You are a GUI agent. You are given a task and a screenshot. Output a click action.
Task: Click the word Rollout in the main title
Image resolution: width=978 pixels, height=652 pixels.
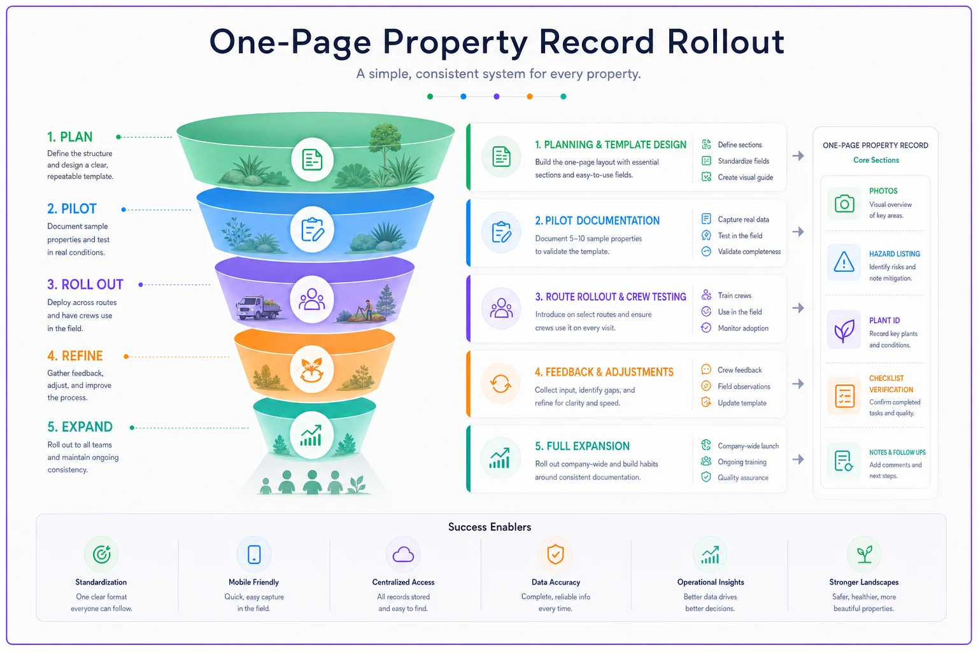(726, 42)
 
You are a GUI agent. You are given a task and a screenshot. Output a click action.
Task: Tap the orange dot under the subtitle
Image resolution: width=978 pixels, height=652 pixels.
(530, 97)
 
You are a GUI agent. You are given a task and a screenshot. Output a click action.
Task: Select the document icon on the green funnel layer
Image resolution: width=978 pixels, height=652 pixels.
(312, 159)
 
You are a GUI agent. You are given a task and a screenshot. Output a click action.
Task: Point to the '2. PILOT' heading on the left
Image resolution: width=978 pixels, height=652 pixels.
(72, 209)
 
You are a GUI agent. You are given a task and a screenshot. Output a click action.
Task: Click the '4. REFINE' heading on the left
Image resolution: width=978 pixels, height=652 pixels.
(75, 356)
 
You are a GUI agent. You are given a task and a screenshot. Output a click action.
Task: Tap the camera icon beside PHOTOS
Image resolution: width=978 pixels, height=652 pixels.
(844, 204)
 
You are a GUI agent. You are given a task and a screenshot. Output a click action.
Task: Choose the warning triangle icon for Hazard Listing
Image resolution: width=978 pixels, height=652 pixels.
(844, 262)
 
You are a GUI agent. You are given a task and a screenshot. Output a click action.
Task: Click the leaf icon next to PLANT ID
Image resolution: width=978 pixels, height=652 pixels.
(844, 330)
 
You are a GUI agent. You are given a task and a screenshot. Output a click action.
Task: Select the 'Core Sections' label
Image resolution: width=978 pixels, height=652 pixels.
(876, 160)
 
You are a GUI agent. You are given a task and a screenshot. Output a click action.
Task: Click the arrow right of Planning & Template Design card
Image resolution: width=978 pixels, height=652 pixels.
(798, 156)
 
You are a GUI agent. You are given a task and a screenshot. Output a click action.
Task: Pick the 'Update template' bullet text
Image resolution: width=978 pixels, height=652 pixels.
(742, 403)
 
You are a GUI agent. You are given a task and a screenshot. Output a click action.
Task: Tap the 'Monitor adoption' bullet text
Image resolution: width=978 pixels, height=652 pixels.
(743, 329)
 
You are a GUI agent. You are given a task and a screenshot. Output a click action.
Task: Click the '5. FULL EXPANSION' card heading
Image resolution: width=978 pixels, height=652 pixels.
(582, 446)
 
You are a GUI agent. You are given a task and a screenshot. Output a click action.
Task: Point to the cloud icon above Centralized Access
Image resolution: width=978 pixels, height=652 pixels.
(403, 555)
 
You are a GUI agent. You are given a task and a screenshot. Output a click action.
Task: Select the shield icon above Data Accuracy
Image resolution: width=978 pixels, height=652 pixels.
(555, 554)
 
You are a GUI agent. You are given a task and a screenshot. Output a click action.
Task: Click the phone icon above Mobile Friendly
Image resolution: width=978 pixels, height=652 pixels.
(254, 555)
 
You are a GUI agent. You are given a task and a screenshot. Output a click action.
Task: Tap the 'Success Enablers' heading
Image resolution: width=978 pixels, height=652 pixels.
(490, 527)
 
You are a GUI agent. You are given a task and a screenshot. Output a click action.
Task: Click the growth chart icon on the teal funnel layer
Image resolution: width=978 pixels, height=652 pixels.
(311, 436)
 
